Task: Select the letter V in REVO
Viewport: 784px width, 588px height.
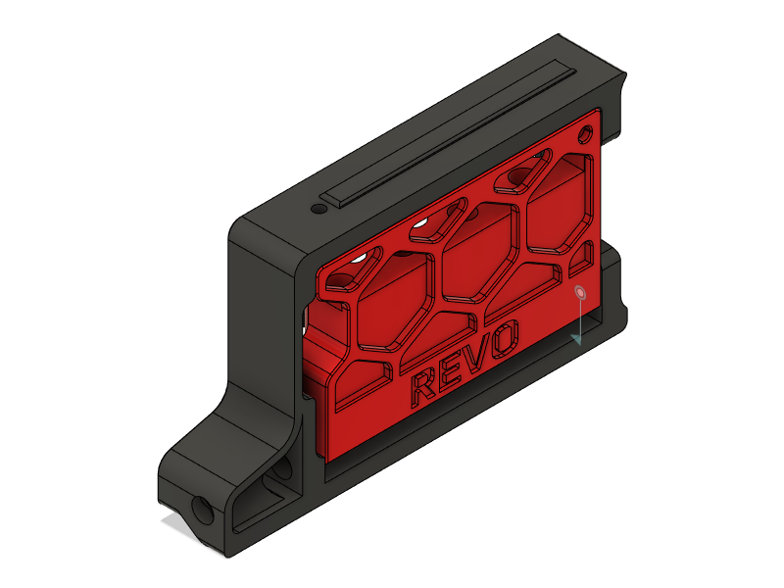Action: (476, 355)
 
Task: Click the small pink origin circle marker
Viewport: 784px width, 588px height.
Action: (580, 292)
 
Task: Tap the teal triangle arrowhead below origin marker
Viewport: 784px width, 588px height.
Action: (578, 337)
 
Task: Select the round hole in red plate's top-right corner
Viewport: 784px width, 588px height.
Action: (587, 132)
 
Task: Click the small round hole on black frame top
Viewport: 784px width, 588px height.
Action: (318, 209)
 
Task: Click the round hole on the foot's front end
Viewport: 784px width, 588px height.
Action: (204, 509)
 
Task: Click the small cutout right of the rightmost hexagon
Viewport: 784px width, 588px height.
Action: (583, 255)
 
